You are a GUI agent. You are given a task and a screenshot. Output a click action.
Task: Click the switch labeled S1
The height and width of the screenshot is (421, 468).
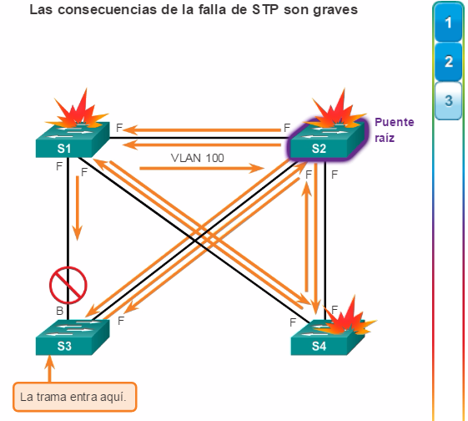[73, 139]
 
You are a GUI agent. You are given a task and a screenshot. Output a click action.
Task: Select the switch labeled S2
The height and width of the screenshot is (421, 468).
[327, 139]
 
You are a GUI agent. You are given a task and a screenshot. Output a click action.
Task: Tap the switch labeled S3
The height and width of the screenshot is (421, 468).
[73, 337]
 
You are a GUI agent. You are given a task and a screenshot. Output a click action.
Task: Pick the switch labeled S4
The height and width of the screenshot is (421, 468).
[327, 337]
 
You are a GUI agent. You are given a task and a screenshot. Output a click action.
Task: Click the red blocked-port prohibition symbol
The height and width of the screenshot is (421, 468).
[68, 285]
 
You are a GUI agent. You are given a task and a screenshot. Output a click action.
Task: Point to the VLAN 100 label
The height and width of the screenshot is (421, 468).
[197, 158]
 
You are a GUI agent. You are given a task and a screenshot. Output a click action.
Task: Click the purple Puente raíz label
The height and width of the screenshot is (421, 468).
[395, 130]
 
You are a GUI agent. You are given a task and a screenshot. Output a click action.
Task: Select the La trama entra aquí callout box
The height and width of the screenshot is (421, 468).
[74, 397]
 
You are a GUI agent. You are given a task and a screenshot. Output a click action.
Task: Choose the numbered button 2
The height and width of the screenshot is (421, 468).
[448, 62]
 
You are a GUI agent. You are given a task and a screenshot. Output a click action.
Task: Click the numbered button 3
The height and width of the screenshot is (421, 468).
[448, 101]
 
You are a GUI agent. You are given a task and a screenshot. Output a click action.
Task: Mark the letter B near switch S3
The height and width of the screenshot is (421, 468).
[60, 311]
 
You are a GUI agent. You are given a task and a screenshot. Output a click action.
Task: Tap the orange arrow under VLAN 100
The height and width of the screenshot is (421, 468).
[202, 168]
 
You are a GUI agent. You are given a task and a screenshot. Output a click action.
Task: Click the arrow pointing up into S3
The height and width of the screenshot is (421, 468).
[49, 368]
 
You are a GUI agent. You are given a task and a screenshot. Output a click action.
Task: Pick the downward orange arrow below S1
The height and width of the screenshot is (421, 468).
[78, 208]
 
